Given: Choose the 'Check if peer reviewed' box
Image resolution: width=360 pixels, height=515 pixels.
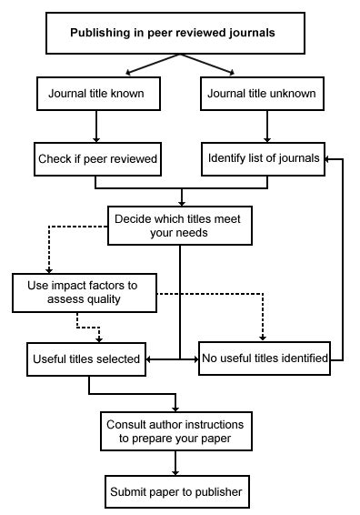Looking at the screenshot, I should [x=97, y=158].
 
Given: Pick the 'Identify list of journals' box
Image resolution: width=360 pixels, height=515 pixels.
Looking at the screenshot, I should [x=263, y=158].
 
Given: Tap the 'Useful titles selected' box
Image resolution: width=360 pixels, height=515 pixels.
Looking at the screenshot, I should [x=85, y=358].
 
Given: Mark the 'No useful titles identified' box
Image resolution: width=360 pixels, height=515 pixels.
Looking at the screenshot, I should [x=264, y=358].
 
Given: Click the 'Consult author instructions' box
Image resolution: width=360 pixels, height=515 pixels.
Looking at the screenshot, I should [x=175, y=430].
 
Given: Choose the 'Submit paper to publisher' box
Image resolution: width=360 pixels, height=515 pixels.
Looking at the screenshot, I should [x=175, y=492].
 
